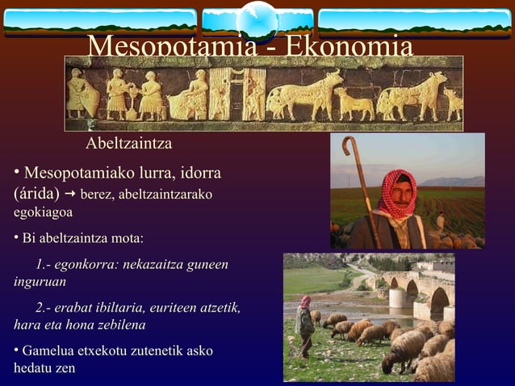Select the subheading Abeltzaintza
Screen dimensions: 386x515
(129, 144)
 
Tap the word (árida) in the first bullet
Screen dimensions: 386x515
(36, 195)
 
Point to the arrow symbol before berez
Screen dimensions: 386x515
(70, 195)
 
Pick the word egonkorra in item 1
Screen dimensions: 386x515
(86, 264)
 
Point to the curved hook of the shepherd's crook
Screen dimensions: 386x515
(349, 145)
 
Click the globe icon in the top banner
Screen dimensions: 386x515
(258, 18)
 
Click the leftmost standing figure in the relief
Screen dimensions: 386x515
(77, 94)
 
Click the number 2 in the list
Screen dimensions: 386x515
(40, 308)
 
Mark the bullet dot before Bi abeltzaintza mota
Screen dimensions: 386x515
(16, 239)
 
